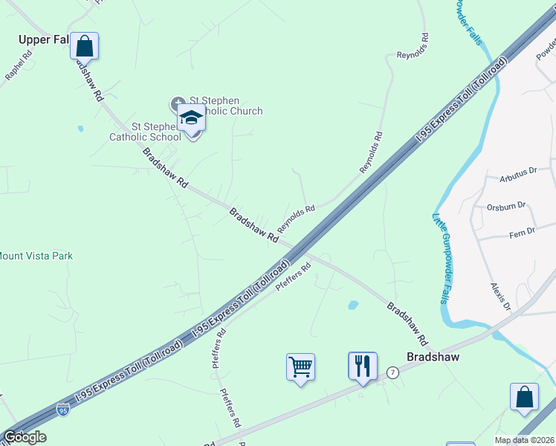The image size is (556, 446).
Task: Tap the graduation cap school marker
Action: pyautogui.click(x=191, y=118)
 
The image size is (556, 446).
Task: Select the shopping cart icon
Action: pyautogui.click(x=300, y=366)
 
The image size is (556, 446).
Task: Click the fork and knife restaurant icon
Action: pyautogui.click(x=362, y=366)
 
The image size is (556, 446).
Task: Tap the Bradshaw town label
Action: pyautogui.click(x=433, y=357)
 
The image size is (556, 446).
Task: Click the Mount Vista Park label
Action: pyautogui.click(x=35, y=256)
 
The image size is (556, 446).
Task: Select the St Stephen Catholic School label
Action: pyautogui.click(x=145, y=131)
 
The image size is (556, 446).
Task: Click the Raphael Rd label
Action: pyautogui.click(x=19, y=65)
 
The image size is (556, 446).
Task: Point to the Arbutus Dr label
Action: pyautogui.click(x=518, y=174)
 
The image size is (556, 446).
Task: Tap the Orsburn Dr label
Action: pyautogui.click(x=506, y=206)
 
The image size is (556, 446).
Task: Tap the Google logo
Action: pyautogui.click(x=25, y=437)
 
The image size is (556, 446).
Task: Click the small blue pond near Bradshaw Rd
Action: pyautogui.click(x=353, y=305)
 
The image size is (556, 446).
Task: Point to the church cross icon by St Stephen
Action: pyautogui.click(x=178, y=103)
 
